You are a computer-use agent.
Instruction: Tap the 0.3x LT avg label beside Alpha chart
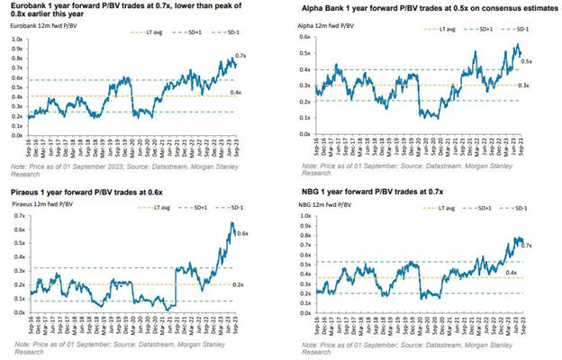[x=527, y=85]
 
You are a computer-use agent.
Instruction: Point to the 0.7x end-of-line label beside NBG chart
[x=527, y=245]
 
